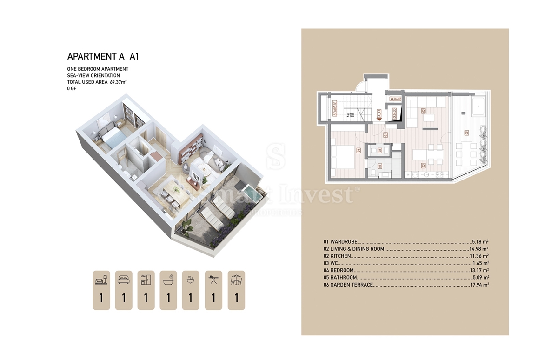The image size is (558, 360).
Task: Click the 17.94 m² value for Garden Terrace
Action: [x=479, y=285]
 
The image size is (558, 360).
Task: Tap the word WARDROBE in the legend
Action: [x=343, y=242]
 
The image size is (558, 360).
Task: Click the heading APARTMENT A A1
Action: [x=103, y=57]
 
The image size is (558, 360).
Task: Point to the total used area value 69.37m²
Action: [x=118, y=82]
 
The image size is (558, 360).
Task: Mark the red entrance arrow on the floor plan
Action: [x=379, y=119]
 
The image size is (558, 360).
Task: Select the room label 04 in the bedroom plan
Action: [x=359, y=150]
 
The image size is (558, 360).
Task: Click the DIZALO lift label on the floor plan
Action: [x=394, y=114]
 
